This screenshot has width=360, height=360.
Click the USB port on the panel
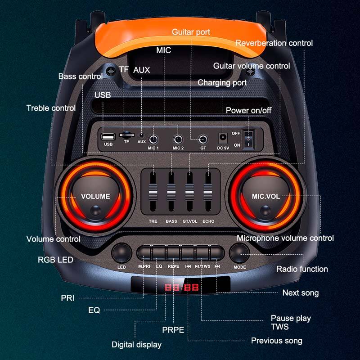[x=108, y=136]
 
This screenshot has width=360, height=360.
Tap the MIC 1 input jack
[x=153, y=139]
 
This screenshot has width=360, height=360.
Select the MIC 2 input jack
[x=178, y=139]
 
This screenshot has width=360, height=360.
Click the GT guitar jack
[x=203, y=139]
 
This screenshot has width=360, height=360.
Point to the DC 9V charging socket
[x=222, y=137]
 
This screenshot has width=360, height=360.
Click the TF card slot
[x=126, y=135]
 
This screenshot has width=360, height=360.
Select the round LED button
[x=121, y=253]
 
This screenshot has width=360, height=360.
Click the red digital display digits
[x=180, y=287]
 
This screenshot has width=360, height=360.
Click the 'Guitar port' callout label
[x=191, y=32]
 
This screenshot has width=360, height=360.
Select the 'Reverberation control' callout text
[x=274, y=43]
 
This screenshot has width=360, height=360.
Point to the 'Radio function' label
[x=302, y=269]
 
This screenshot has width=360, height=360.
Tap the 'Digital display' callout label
[x=136, y=345]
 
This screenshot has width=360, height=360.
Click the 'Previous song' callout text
[x=276, y=341]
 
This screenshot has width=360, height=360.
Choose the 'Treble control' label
[x=51, y=108]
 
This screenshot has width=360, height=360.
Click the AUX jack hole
[x=142, y=135]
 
